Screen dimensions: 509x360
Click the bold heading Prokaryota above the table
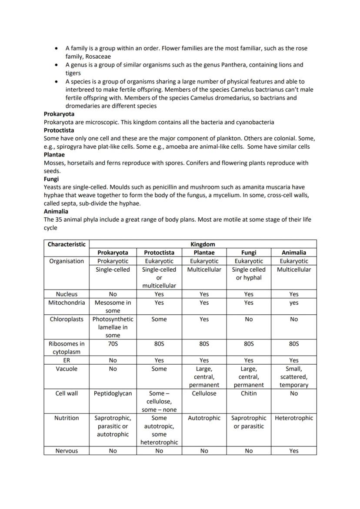pyautogui.click(x=59, y=114)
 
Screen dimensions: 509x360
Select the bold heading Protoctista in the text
pyautogui.click(x=59, y=130)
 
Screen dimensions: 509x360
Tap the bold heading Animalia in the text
pyautogui.click(x=56, y=211)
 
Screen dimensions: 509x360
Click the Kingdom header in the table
pyautogui.click(x=203, y=244)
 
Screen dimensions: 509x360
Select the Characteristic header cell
pyautogui.click(x=67, y=244)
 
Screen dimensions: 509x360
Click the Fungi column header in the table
pyautogui.click(x=249, y=253)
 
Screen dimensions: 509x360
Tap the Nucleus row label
pyautogui.click(x=67, y=294)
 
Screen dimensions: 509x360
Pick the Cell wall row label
pyautogui.click(x=67, y=393)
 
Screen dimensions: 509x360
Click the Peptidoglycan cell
pyautogui.click(x=113, y=393)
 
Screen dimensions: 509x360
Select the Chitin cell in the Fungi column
pyautogui.click(x=249, y=393)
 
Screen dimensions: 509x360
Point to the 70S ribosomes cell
pyautogui.click(x=113, y=344)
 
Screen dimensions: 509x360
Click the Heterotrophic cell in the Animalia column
pyautogui.click(x=294, y=418)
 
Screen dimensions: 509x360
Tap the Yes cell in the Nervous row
pyautogui.click(x=294, y=451)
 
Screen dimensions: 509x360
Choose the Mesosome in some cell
pyautogui.click(x=113, y=306)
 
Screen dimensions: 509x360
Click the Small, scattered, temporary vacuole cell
pyautogui.click(x=294, y=376)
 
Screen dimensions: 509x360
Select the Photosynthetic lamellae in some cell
pyautogui.click(x=113, y=327)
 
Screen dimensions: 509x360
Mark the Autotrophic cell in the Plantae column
pyautogui.click(x=204, y=418)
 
